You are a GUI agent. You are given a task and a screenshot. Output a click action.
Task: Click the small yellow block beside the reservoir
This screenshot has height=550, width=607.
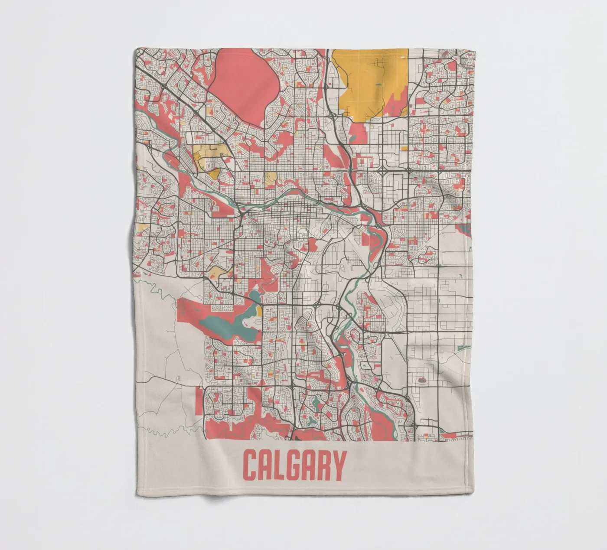click(x=259, y=311)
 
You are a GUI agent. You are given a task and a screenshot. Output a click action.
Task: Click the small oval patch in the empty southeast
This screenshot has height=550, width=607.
click(x=421, y=380)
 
